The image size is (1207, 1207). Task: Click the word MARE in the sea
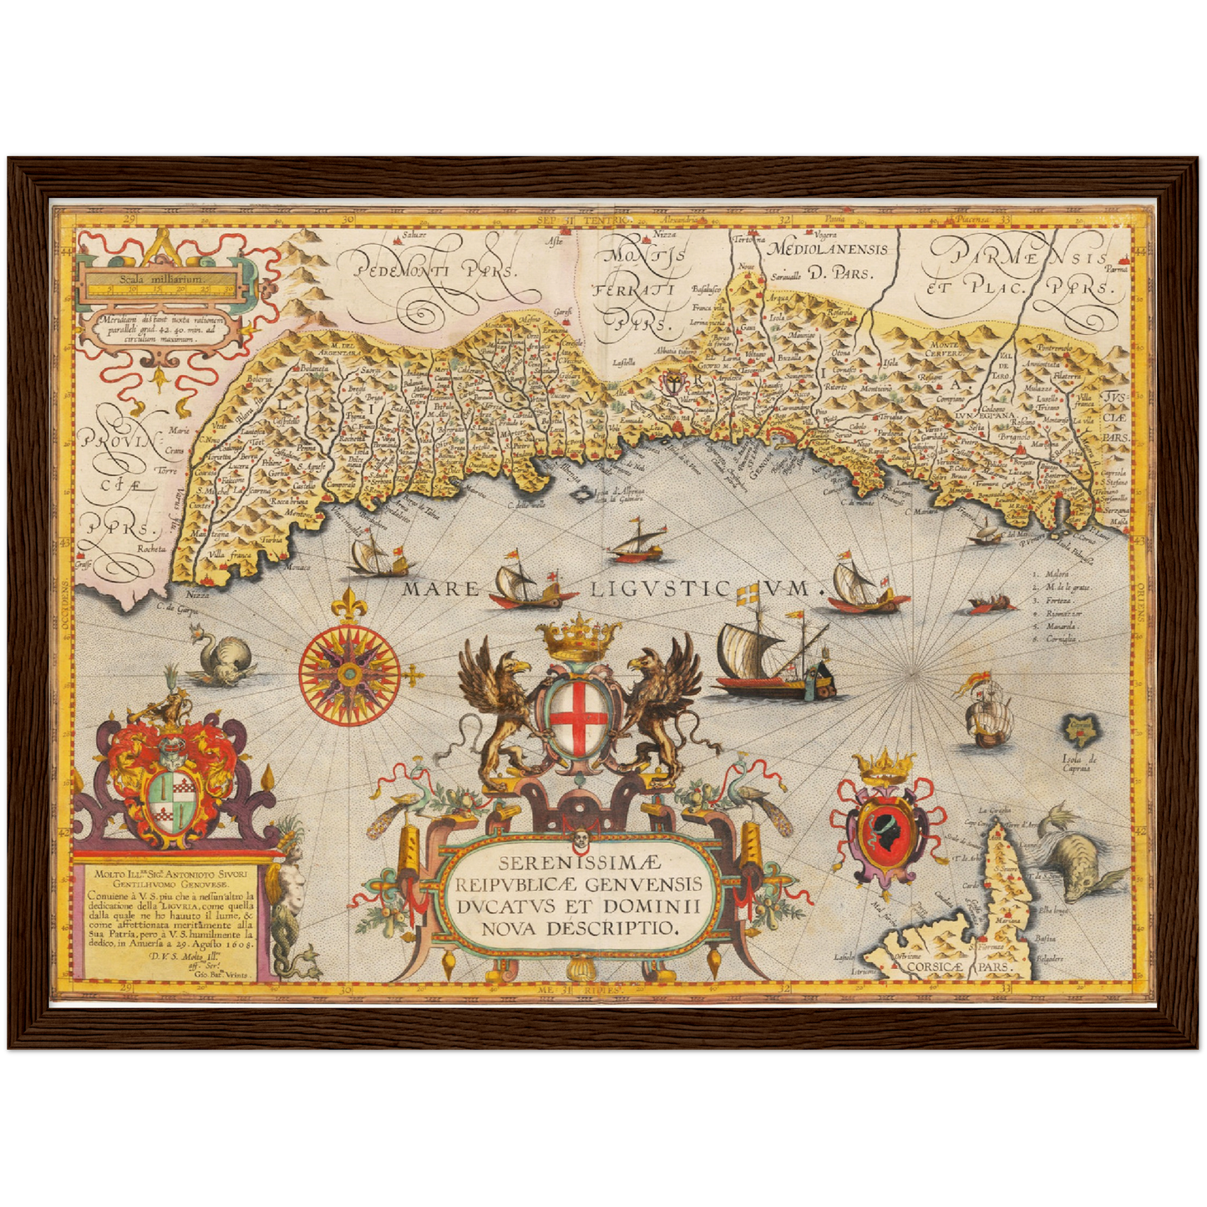[x=442, y=589]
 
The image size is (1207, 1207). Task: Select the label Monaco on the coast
[x=298, y=568]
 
